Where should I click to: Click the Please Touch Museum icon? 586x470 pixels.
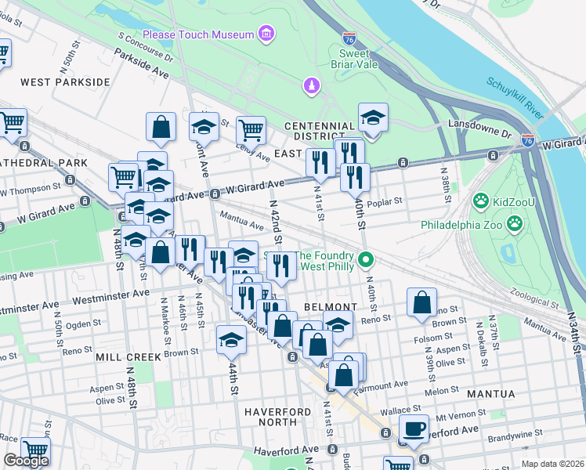(x=267, y=34)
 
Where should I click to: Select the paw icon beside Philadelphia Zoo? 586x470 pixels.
(x=515, y=224)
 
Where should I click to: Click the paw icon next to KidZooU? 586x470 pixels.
(x=479, y=203)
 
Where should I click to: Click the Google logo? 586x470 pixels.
(x=26, y=461)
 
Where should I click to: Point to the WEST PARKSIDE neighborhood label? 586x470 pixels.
(x=65, y=82)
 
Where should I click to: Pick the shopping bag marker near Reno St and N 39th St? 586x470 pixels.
(x=421, y=304)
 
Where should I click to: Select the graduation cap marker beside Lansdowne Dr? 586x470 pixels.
(x=373, y=119)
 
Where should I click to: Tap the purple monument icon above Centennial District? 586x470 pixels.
(x=311, y=85)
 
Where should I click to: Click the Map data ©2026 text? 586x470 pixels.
(x=552, y=464)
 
